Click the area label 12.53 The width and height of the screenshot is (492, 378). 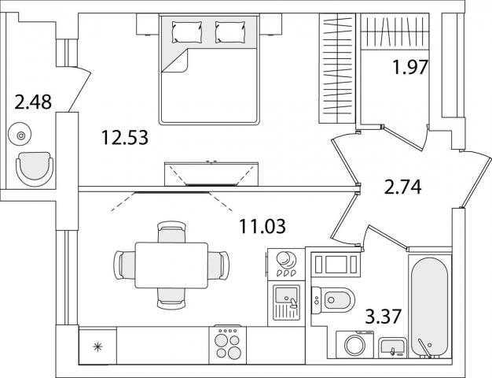[125, 138]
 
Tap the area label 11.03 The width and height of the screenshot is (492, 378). [263, 226]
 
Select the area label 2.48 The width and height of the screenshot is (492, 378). [33, 102]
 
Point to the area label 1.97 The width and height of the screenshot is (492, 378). [410, 67]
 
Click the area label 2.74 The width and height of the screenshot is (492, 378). [403, 187]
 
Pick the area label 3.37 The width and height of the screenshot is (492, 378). [384, 317]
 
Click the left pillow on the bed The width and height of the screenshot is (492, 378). [187, 31]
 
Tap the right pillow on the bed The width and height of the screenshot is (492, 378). [230, 31]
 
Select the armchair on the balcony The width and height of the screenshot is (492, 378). [35, 169]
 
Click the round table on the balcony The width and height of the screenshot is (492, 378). [20, 136]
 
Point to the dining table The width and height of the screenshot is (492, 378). [171, 265]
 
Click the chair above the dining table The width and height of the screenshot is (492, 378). [171, 232]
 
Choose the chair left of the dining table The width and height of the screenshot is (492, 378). [124, 265]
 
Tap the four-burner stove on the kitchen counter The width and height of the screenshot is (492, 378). [228, 345]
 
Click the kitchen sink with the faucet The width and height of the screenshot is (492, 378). [286, 302]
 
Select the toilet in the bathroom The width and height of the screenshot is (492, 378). [333, 300]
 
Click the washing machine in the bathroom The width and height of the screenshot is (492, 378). [355, 344]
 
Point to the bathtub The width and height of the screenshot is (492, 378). [430, 307]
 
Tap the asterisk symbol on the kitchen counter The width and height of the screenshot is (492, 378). [98, 347]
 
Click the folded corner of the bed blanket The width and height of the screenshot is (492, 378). [175, 61]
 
